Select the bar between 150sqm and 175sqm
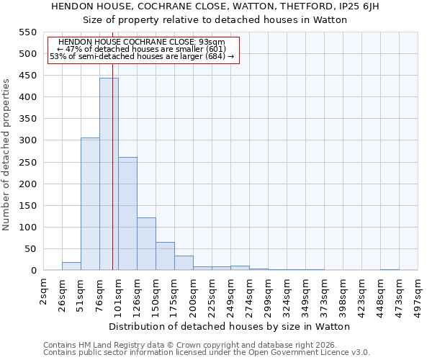165,256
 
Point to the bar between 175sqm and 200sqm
184,263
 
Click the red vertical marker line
113,180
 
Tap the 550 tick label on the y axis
27,32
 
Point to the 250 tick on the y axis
27,162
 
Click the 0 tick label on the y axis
33,271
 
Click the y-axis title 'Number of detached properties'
7,155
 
